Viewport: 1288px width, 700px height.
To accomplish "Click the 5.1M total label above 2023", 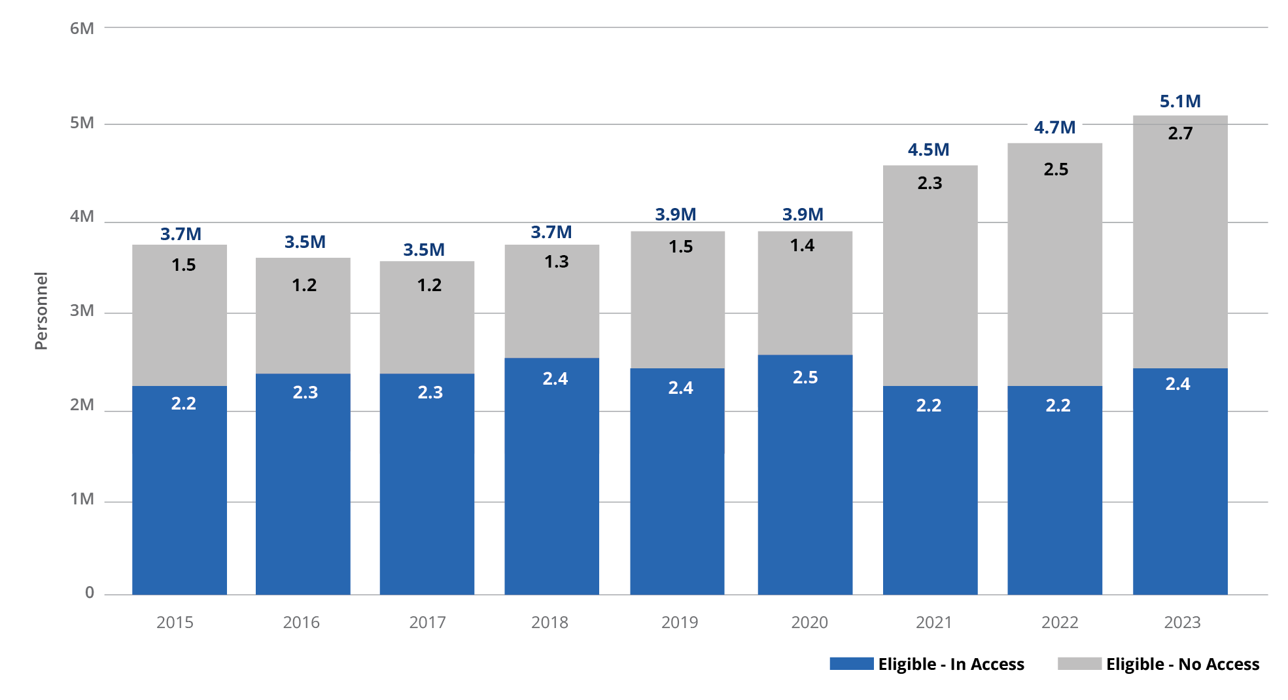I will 1180,101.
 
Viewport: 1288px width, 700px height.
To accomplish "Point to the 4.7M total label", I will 1054,128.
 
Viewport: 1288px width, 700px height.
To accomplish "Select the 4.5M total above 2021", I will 928,150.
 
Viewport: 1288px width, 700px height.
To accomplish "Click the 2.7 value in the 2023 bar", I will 1180,133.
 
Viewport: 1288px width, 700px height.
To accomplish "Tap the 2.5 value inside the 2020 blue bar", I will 805,377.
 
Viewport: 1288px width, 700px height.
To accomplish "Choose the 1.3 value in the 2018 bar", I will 557,262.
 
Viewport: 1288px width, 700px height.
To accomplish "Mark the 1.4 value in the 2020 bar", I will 802,245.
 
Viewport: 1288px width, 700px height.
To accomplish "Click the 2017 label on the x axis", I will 427,622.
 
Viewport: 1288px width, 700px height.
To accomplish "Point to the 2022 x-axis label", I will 1060,622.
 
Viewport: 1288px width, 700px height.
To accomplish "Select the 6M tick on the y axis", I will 82,28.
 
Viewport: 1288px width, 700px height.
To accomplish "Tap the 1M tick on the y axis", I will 82,499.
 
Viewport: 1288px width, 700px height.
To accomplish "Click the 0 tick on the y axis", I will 90,593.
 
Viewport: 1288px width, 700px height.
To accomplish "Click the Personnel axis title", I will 41,311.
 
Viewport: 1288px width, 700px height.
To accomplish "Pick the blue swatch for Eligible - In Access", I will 851,663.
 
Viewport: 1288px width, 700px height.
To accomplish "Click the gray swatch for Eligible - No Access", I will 1079,663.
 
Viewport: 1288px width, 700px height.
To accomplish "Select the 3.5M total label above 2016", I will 305,242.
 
